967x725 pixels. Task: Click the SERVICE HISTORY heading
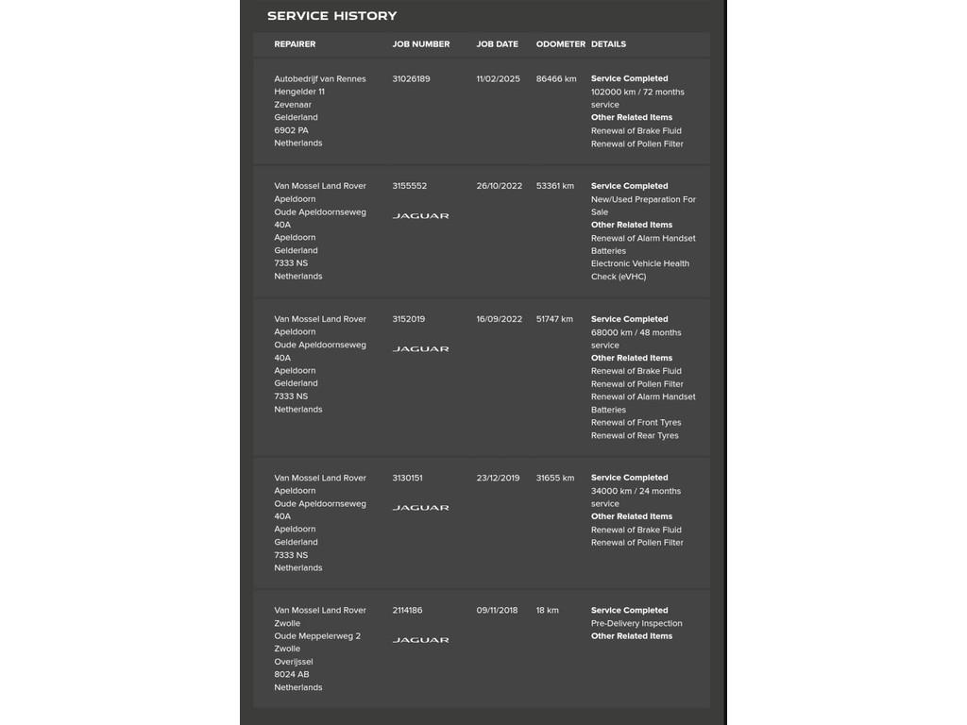click(331, 16)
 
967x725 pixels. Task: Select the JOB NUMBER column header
click(421, 44)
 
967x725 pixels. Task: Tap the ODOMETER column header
click(561, 44)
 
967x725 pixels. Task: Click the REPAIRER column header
click(295, 44)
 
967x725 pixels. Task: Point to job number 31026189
click(411, 79)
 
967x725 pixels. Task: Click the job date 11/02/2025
click(498, 79)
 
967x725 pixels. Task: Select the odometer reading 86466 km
click(556, 79)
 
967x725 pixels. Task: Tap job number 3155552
click(410, 187)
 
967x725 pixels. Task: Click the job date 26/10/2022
click(499, 187)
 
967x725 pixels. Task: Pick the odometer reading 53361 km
click(555, 187)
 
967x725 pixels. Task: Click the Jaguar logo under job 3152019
click(421, 349)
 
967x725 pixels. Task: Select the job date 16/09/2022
click(499, 320)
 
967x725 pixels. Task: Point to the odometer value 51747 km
click(554, 320)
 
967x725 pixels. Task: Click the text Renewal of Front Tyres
click(636, 423)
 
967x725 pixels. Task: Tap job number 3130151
click(408, 479)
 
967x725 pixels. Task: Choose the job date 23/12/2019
click(498, 479)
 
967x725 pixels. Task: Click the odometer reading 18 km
click(548, 611)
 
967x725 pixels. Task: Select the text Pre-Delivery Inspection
click(636, 624)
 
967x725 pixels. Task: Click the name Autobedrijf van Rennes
click(320, 79)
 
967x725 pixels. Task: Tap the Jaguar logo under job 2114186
click(421, 640)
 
